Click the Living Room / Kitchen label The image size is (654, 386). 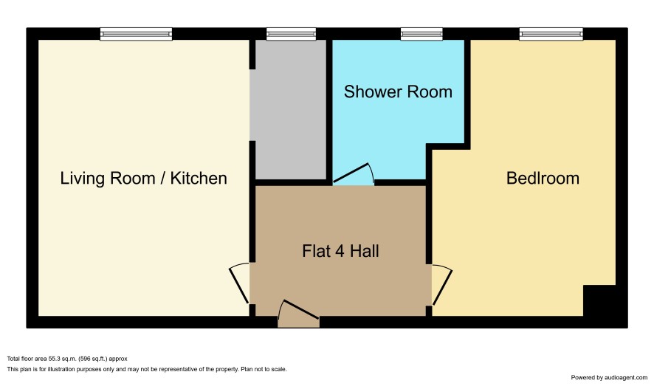[x=143, y=179]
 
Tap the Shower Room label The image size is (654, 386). [x=398, y=92]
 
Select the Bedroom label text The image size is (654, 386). [x=543, y=179]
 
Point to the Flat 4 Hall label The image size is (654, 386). [x=340, y=251]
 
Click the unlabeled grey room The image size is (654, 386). [x=290, y=110]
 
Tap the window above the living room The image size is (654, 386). [x=136, y=34]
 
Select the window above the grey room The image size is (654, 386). [x=291, y=34]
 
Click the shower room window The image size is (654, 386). [x=421, y=34]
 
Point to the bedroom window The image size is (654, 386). [x=551, y=34]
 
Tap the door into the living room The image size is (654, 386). [x=239, y=283]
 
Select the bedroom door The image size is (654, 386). [x=442, y=284]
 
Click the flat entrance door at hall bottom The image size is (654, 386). [x=299, y=314]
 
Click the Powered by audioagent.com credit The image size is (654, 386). [x=609, y=378]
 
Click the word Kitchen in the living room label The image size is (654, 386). [x=199, y=179]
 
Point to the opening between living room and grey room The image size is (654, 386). [x=252, y=105]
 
